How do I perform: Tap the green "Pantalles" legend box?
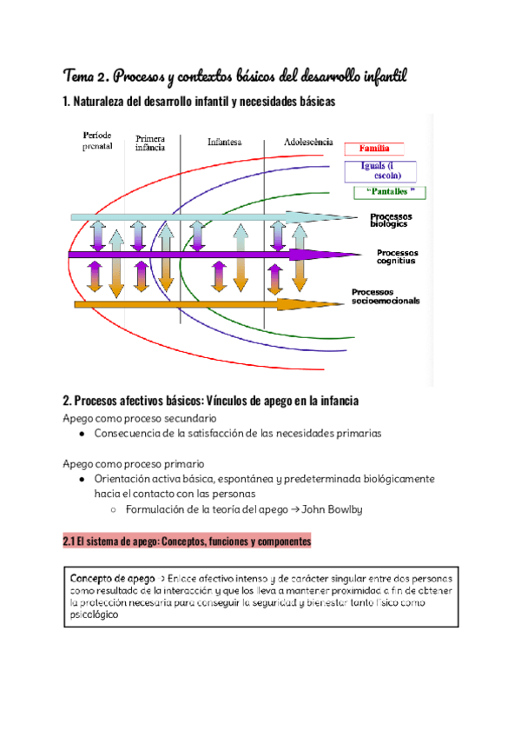[x=390, y=191]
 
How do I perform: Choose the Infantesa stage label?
[x=224, y=142]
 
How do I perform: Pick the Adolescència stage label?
[x=307, y=142]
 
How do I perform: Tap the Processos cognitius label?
[x=396, y=256]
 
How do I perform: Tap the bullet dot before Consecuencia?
[x=81, y=433]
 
